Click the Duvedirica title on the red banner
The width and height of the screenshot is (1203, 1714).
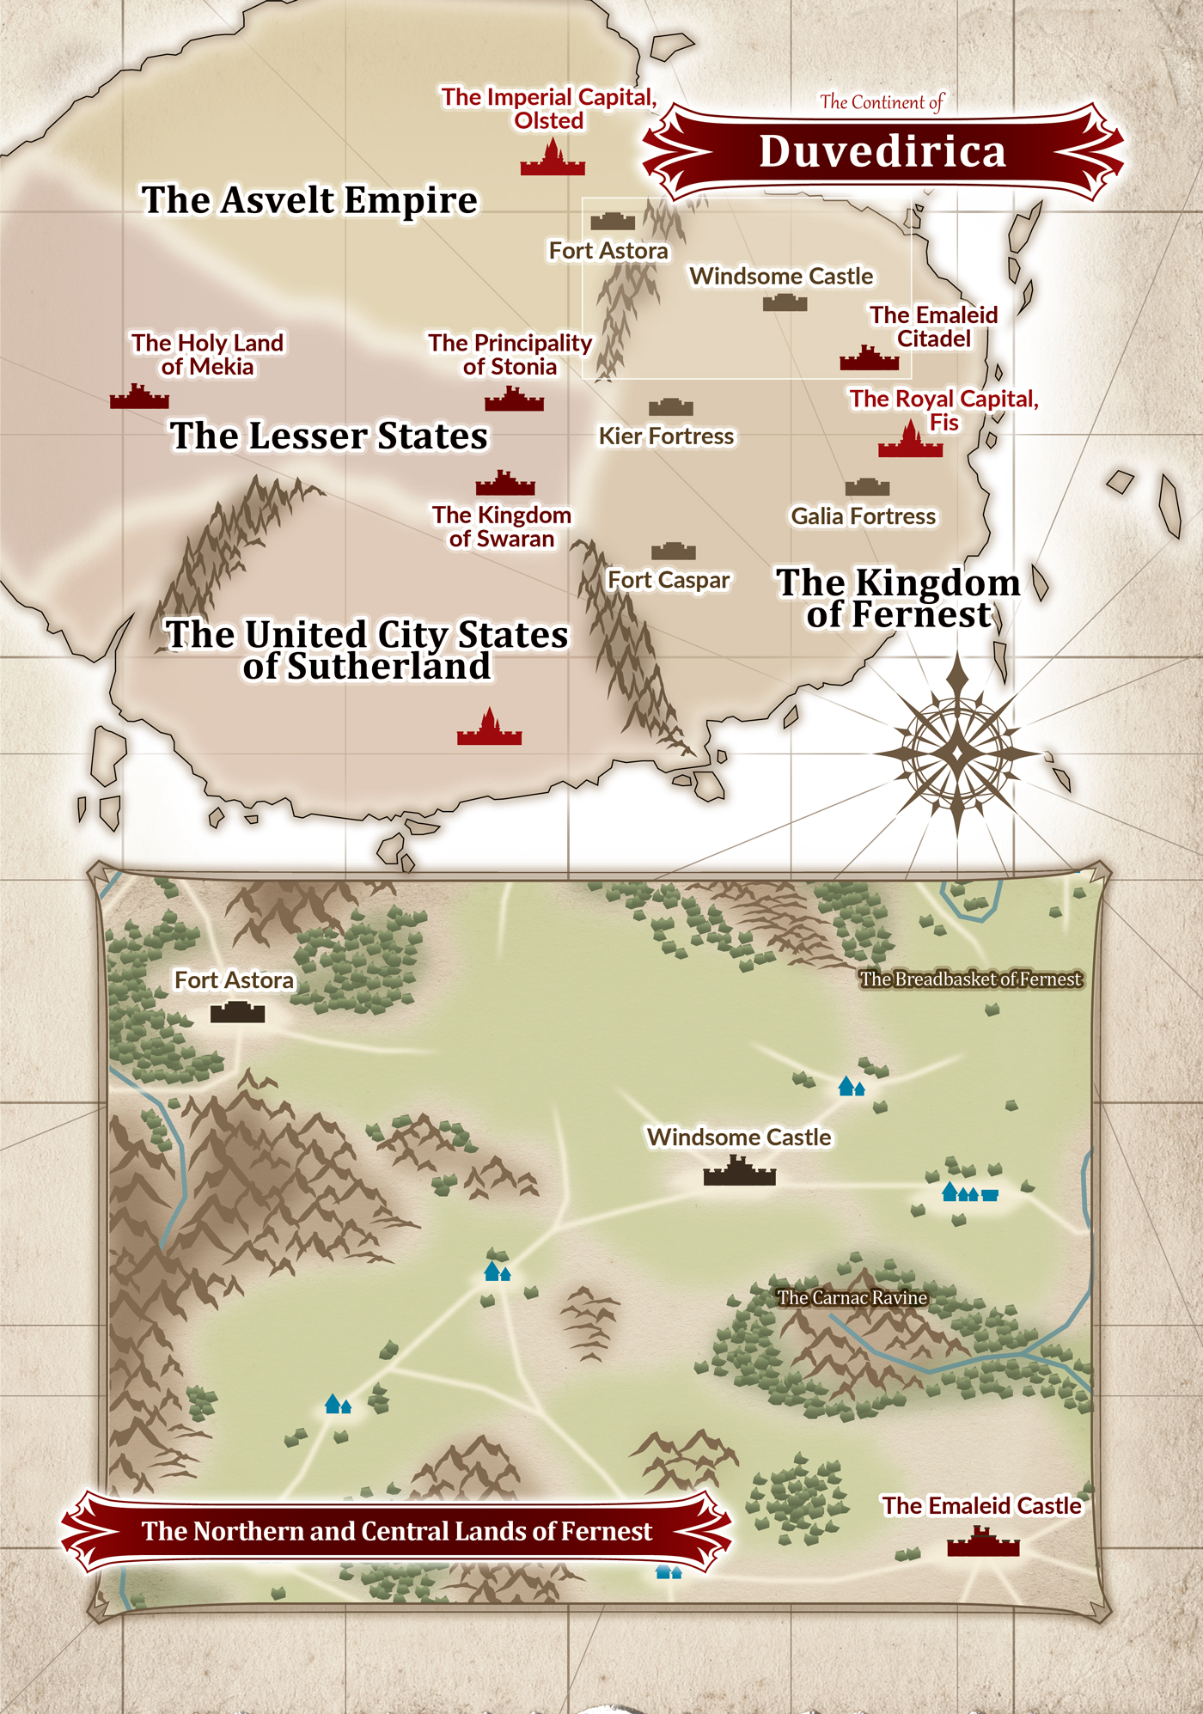[882, 152]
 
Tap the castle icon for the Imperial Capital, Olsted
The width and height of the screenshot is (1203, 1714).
[553, 161]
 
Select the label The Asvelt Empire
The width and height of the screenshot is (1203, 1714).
[309, 200]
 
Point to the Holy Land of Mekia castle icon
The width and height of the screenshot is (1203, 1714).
[139, 397]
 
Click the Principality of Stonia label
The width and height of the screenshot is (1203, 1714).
[510, 355]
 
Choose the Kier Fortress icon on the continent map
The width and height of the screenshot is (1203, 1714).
[670, 406]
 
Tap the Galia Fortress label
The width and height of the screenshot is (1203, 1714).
[863, 516]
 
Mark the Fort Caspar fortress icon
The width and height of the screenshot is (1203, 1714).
[673, 551]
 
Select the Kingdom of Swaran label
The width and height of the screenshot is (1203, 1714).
[502, 527]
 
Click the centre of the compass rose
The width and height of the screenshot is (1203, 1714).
[957, 753]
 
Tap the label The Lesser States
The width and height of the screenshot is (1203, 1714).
[328, 436]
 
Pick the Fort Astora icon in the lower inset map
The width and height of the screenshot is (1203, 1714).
[237, 1012]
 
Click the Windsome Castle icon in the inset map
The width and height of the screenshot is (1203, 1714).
[739, 1173]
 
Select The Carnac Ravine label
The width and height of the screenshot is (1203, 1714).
[852, 1297]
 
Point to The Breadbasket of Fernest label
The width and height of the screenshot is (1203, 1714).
[970, 979]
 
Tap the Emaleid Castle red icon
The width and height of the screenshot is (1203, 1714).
[983, 1543]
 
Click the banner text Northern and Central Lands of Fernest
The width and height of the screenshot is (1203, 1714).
[397, 1532]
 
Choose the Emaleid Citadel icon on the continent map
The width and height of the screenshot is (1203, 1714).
[869, 359]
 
